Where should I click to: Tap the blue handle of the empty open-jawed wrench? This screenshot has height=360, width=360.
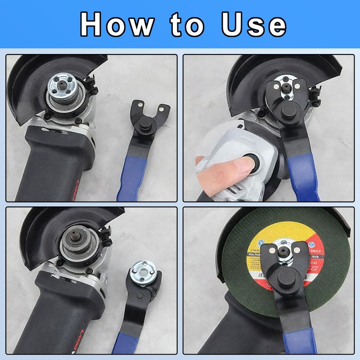click(130, 180)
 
